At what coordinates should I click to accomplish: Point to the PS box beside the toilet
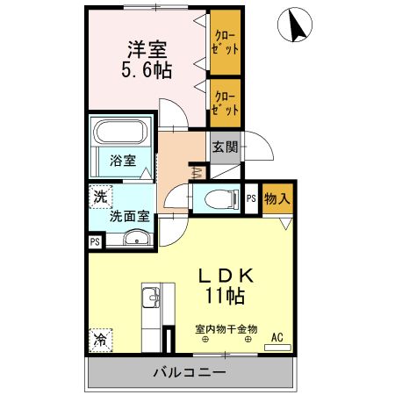251,200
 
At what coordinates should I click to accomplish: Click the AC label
277,336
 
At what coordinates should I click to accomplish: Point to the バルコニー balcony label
190,372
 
